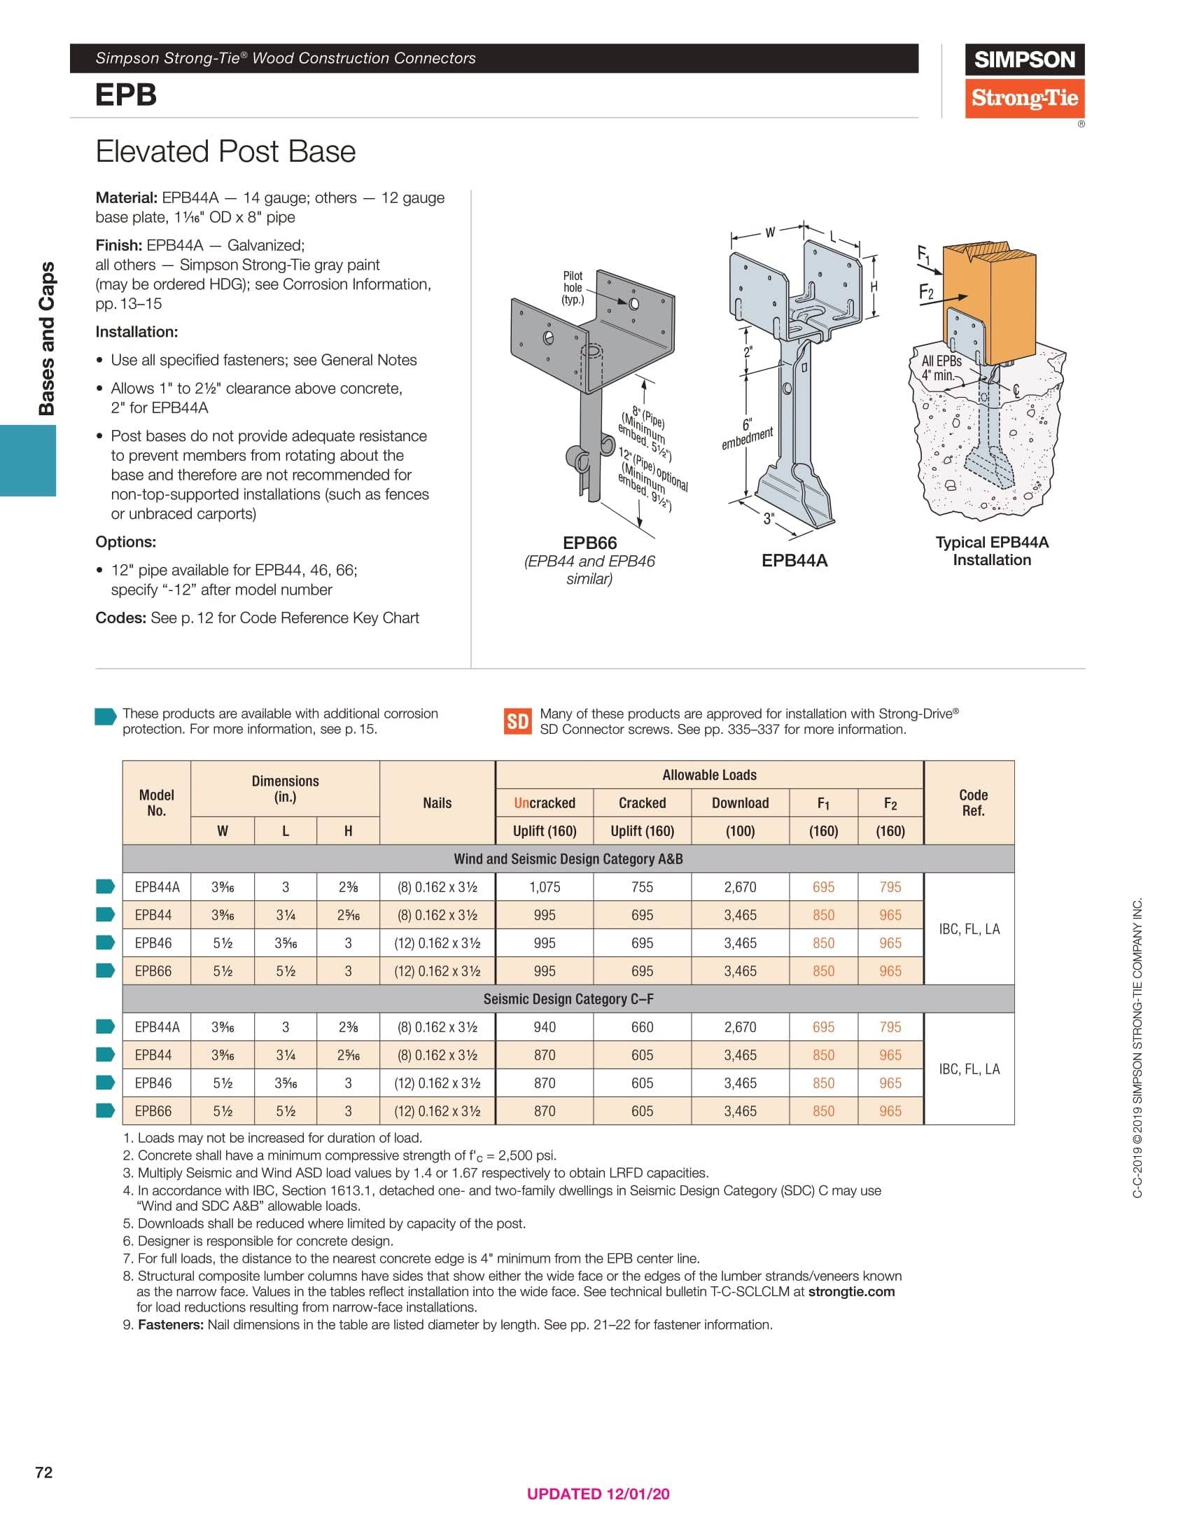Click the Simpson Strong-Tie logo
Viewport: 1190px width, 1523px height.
pos(1024,81)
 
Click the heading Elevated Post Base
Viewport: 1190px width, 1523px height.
pos(225,152)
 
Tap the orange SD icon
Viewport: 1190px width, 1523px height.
pos(517,721)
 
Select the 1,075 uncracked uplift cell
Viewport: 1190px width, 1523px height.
pos(544,887)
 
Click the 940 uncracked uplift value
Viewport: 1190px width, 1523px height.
pos(544,1027)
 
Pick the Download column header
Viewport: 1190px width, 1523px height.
pos(740,803)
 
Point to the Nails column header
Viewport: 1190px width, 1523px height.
pos(437,803)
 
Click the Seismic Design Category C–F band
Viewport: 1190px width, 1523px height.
pos(568,999)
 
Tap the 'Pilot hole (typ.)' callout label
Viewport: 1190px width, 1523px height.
pos(573,288)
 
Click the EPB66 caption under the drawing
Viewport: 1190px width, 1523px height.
pos(589,543)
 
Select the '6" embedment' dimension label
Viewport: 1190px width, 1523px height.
pos(747,433)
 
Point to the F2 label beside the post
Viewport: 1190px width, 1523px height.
pos(926,292)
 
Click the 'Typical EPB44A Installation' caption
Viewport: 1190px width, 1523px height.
pos(992,551)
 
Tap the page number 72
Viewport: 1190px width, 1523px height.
pos(43,1473)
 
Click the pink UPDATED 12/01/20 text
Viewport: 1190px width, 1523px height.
pos(598,1494)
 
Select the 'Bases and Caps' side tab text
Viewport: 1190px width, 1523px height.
pos(47,338)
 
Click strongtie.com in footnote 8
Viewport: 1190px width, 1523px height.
pos(851,1292)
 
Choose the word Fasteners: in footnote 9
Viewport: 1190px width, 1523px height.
pos(171,1325)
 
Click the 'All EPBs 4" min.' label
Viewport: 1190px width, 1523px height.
pos(940,368)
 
